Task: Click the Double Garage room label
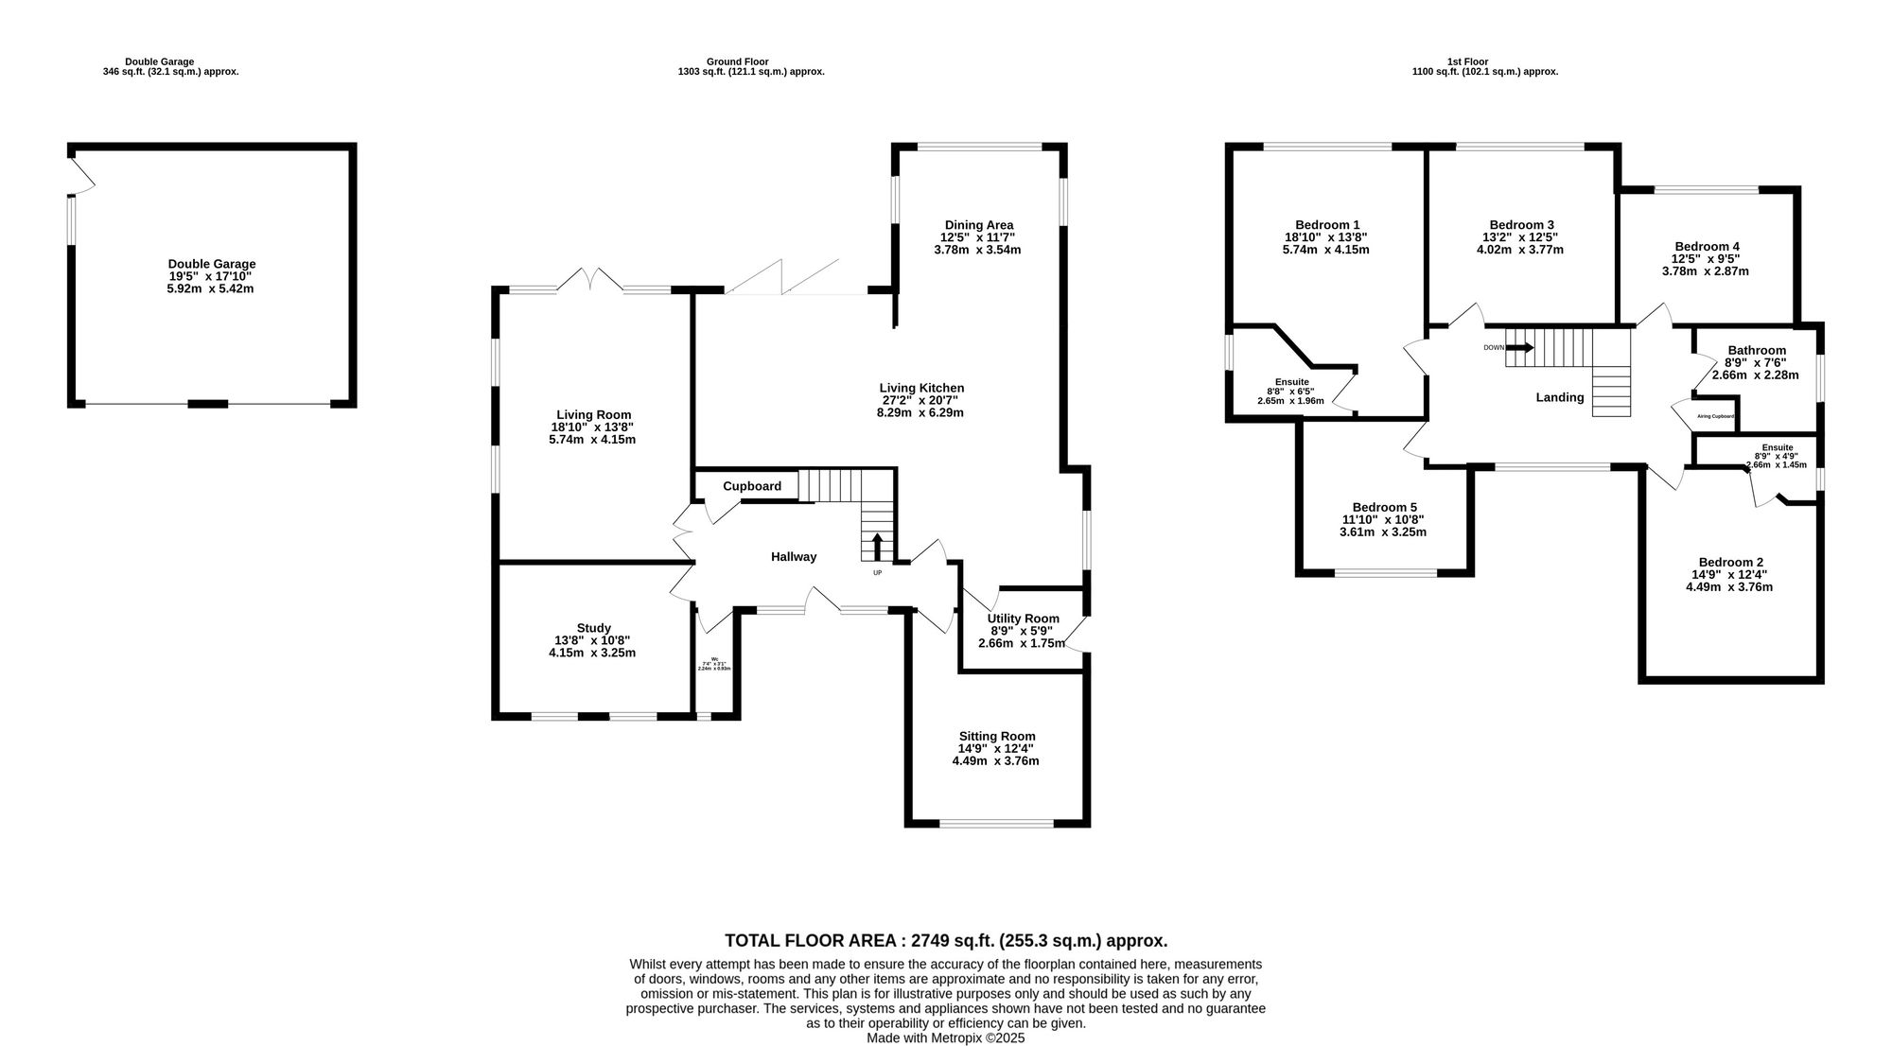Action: click(x=212, y=264)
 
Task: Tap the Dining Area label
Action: click(x=978, y=225)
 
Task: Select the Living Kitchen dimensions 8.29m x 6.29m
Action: click(x=920, y=412)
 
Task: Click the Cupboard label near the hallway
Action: click(x=752, y=486)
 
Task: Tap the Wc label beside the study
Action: click(x=714, y=659)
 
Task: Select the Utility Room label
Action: click(x=1023, y=619)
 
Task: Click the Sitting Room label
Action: click(x=996, y=736)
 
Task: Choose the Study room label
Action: click(x=593, y=628)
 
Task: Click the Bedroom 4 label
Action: click(x=1707, y=247)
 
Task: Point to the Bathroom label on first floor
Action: click(x=1757, y=350)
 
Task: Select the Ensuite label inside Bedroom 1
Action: click(x=1291, y=382)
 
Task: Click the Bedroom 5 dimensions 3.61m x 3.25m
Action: click(x=1382, y=532)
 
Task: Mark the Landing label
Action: click(x=1559, y=397)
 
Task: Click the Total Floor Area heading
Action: click(x=946, y=941)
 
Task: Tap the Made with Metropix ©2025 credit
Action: click(x=945, y=1037)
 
